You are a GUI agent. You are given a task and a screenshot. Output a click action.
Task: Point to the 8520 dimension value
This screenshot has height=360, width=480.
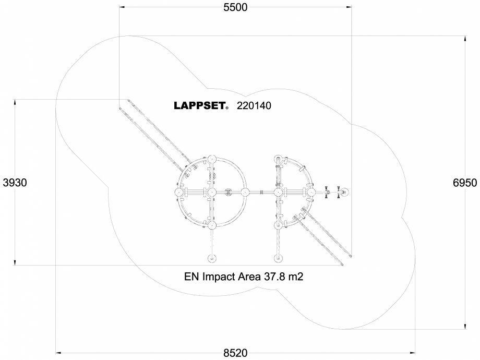tap(235, 353)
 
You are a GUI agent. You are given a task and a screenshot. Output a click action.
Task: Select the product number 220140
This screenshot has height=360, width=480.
tap(254, 106)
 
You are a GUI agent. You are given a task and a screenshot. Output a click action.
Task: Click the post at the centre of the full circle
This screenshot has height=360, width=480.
tap(211, 193)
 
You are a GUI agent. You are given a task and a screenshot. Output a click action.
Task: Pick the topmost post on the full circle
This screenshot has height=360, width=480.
tap(211, 160)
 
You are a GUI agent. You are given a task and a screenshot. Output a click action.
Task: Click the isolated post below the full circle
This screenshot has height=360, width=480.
tap(211, 259)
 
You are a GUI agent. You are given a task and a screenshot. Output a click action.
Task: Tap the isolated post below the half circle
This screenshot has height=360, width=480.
tap(279, 259)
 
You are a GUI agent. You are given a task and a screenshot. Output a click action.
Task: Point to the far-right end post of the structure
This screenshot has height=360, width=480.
tap(344, 193)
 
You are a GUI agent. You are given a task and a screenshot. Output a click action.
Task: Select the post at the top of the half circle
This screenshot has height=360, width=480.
tap(279, 160)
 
